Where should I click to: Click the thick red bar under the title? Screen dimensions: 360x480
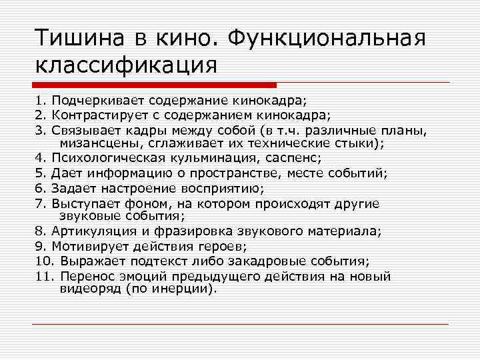[154, 85]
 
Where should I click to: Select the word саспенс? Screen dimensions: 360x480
[293, 159]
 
